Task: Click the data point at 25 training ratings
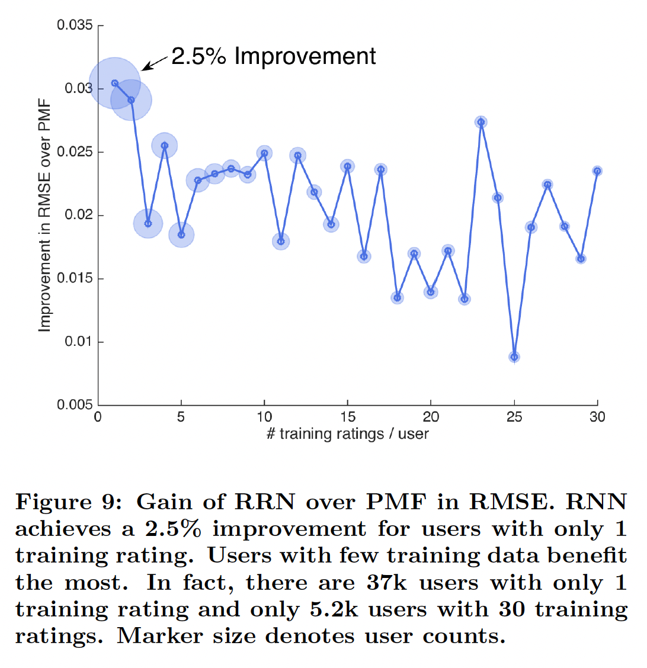[x=514, y=357]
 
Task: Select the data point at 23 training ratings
[x=481, y=122]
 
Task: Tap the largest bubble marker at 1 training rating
[x=114, y=83]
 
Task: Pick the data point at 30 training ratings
[x=597, y=171]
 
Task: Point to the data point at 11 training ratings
[x=281, y=241]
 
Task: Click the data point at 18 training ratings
[x=398, y=297]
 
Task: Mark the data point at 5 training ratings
[x=181, y=235]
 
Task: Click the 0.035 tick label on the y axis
[x=75, y=25]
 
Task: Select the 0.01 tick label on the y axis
[x=78, y=342]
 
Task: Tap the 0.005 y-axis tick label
[x=75, y=405]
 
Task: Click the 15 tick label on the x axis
[x=348, y=417]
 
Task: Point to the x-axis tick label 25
[x=514, y=417]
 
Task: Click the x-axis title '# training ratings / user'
[x=347, y=434]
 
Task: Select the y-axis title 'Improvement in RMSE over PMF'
[x=44, y=216]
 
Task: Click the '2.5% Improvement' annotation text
[x=273, y=56]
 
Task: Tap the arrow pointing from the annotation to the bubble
[x=155, y=62]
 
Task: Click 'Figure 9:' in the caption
[x=70, y=502]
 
